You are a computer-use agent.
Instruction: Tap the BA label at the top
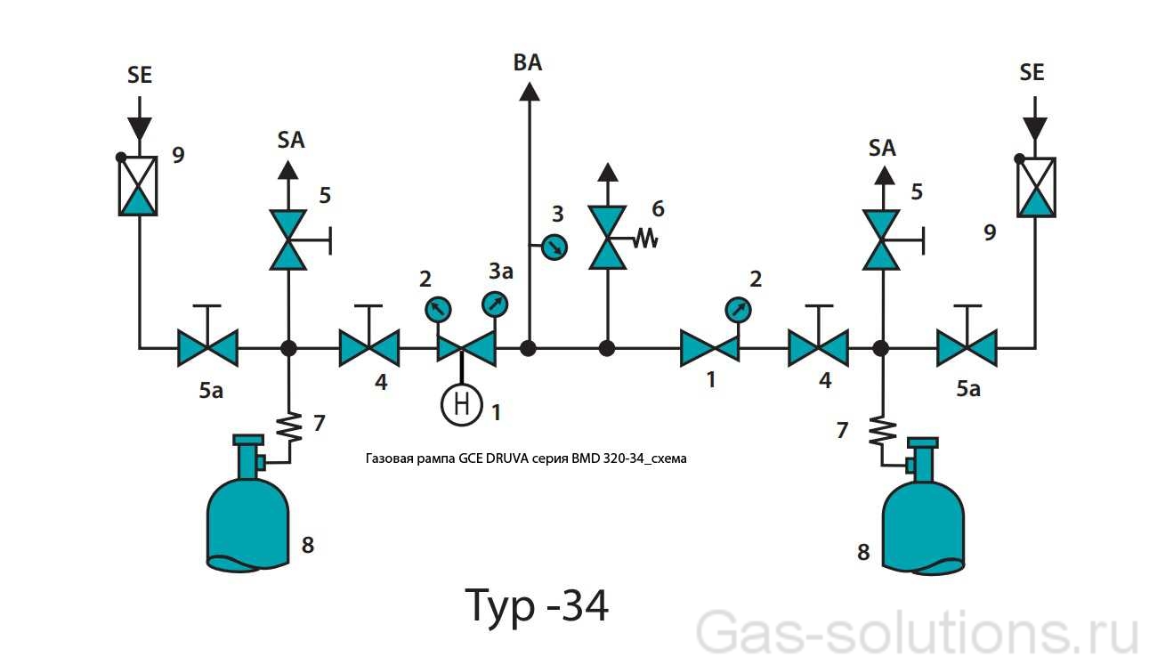[x=528, y=62]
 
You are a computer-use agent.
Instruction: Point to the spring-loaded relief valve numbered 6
[x=608, y=238]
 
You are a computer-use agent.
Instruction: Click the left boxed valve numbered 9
[x=138, y=185]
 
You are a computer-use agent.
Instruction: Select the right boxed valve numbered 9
[x=1036, y=187]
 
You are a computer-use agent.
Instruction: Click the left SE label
[x=140, y=76]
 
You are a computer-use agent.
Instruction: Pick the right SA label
[x=882, y=148]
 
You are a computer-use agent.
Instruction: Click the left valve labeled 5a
[x=207, y=347]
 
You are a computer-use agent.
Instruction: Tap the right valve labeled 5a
[x=967, y=347]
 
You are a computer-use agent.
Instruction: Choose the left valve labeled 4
[x=369, y=347]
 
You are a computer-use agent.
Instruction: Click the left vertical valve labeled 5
[x=288, y=239]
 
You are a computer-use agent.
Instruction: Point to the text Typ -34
[x=538, y=606]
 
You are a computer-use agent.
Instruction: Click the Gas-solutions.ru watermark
[x=917, y=634]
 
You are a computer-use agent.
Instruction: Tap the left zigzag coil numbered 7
[x=289, y=427]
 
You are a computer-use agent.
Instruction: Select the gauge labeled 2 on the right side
[x=737, y=310]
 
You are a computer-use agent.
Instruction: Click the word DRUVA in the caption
[x=506, y=459]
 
